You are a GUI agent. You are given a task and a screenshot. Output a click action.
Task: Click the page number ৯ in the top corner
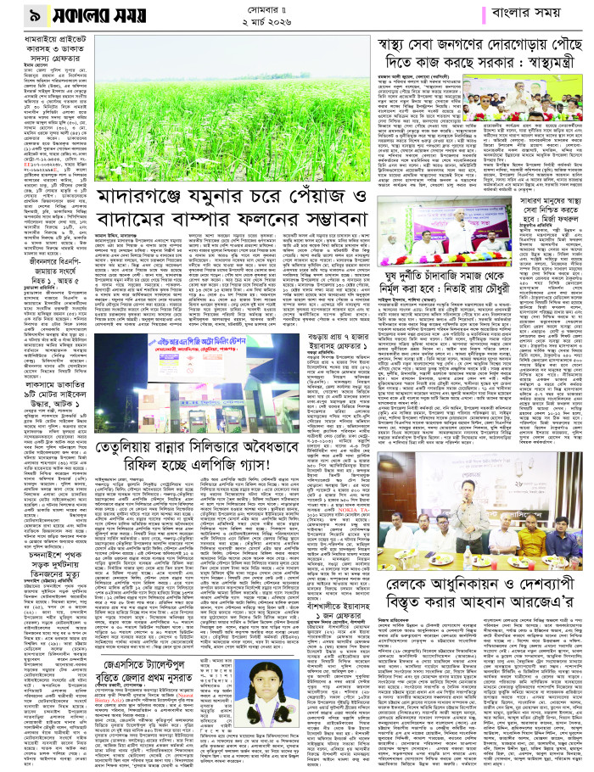point(14,15)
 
